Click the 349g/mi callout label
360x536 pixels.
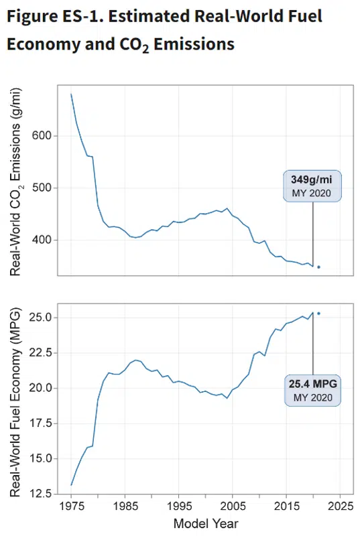coord(312,186)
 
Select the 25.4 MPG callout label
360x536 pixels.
coord(312,391)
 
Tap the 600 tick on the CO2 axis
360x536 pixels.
coord(42,136)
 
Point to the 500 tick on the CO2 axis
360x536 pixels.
coord(42,188)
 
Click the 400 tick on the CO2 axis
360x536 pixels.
coord(42,240)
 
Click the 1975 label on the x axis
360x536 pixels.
coord(71,506)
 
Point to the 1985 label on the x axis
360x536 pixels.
coord(125,506)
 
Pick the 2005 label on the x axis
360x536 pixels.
coord(233,506)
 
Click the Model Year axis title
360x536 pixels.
coord(205,523)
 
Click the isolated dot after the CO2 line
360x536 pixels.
coord(318,267)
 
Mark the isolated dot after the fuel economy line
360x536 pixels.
coord(318,313)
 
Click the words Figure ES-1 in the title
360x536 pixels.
coord(54,16)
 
